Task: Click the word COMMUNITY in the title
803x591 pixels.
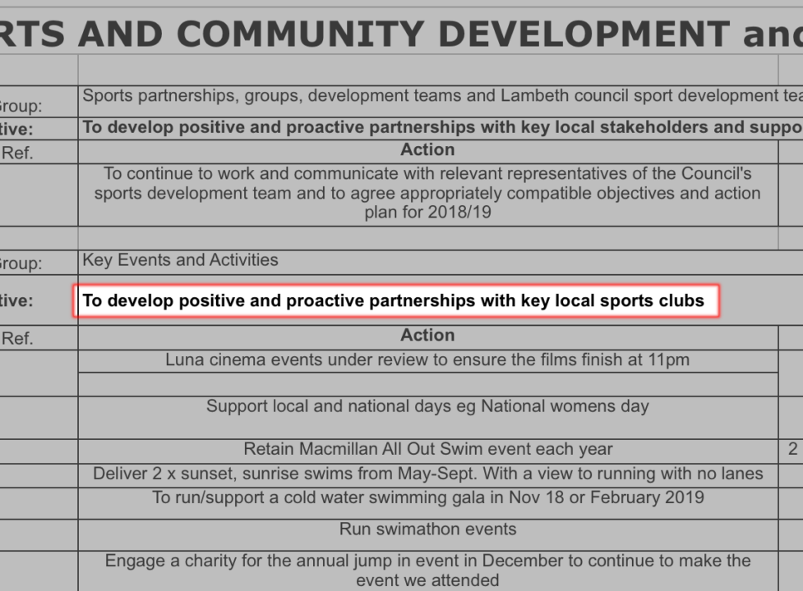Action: [x=300, y=34]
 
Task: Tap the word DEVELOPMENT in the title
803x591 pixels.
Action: [x=584, y=34]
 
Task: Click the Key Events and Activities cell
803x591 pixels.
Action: [x=180, y=259]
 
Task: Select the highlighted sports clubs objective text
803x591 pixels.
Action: [x=394, y=300]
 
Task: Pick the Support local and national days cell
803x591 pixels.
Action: [x=427, y=406]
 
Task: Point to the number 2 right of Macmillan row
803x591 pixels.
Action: [x=793, y=449]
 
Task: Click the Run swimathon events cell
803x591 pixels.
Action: [x=427, y=529]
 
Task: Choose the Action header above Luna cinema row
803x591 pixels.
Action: [x=427, y=335]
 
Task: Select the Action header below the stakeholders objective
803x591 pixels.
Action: [x=427, y=149]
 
